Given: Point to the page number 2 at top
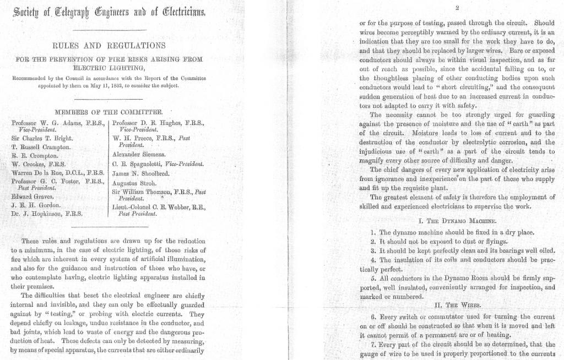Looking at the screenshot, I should [x=457, y=7].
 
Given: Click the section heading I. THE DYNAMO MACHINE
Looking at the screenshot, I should [x=458, y=221].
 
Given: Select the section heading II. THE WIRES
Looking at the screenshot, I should [x=458, y=304].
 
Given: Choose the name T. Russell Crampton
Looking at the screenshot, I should [x=41, y=147].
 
